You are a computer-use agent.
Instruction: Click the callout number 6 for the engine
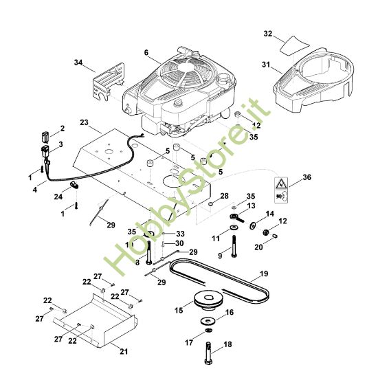146,52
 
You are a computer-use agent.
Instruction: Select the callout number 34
78,63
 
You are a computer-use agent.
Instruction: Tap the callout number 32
268,34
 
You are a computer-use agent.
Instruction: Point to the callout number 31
266,65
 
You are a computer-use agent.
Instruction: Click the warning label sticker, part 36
281,190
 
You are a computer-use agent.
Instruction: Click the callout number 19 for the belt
264,274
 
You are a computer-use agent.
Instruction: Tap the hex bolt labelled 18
208,353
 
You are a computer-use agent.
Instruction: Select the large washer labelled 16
208,321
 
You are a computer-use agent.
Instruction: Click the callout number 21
124,351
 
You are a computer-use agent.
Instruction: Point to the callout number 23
84,122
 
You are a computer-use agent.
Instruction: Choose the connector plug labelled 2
45,137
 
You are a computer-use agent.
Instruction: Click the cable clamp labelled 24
74,185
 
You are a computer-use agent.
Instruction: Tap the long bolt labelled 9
234,246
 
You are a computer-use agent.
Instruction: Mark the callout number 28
224,196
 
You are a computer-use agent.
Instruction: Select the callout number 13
251,206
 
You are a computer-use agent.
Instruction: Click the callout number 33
180,234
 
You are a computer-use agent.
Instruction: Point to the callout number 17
189,342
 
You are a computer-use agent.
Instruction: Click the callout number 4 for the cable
35,190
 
